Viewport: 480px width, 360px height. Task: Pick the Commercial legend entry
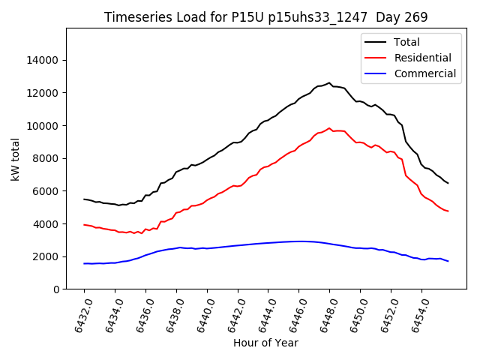pos(424,73)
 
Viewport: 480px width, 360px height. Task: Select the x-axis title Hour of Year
pos(265,343)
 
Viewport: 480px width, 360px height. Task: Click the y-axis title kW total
pos(16,159)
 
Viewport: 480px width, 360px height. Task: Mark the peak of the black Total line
pos(329,83)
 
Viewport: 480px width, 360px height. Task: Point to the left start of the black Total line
pos(84,199)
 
